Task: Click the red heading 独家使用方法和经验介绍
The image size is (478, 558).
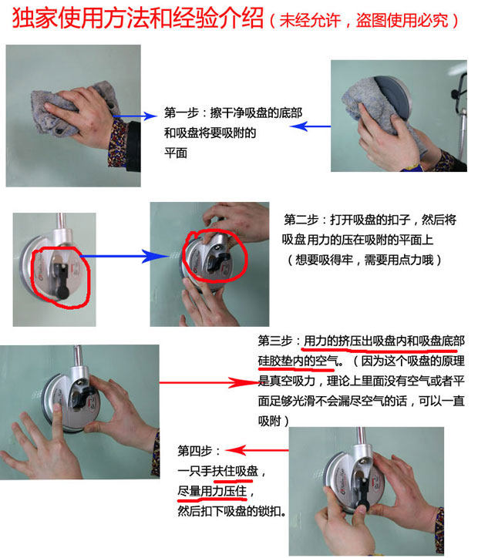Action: [138, 18]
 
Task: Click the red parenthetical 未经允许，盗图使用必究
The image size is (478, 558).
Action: [364, 20]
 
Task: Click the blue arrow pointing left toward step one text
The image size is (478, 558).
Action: [310, 126]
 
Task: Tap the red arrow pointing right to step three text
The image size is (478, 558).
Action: [209, 382]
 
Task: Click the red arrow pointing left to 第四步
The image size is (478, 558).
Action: [257, 451]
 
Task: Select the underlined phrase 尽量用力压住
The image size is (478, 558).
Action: [212, 492]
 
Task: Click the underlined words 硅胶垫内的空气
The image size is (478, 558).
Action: [298, 361]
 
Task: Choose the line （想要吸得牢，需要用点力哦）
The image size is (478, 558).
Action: [364, 261]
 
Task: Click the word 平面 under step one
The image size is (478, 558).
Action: [176, 153]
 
